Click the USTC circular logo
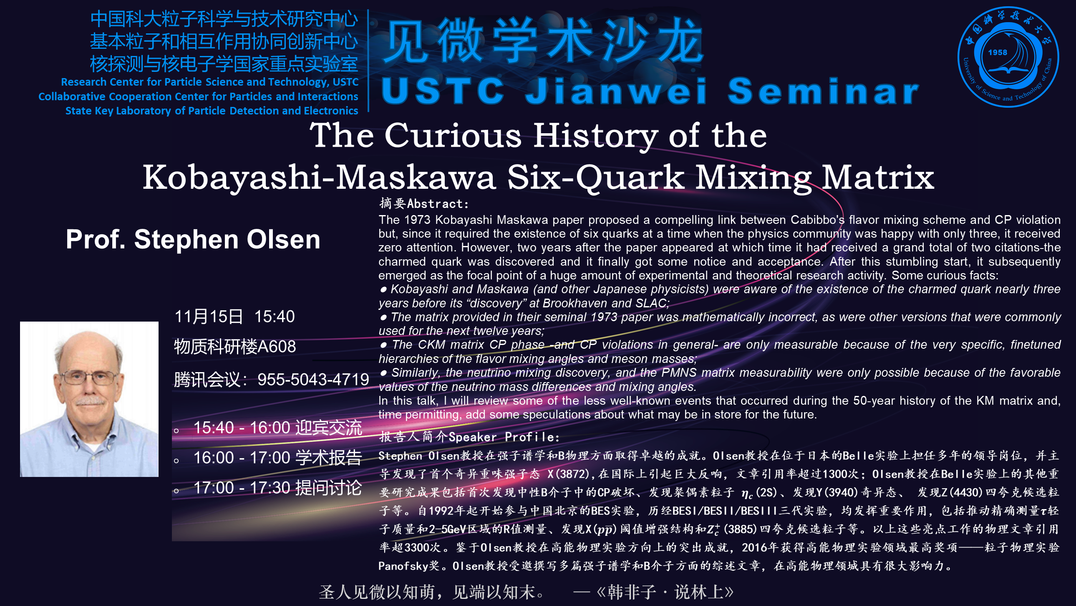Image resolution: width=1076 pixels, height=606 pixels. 1008,57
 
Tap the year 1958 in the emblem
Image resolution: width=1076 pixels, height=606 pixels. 998,53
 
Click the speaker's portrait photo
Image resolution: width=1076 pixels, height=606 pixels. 89,399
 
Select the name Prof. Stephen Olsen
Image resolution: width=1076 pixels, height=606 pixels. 193,239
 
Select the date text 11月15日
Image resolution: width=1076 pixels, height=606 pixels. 209,317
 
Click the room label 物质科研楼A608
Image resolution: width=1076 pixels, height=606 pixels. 235,347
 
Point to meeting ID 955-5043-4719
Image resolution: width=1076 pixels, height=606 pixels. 313,380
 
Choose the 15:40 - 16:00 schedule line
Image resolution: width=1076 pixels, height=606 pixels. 277,428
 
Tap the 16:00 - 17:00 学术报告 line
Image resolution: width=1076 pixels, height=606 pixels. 277,458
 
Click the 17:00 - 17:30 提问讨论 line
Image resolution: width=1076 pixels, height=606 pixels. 277,488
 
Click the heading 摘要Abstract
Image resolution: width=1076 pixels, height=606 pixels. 424,204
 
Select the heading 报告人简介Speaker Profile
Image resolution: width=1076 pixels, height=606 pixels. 469,436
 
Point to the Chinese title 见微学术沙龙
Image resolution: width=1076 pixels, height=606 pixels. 543,41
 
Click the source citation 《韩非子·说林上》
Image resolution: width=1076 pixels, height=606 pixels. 665,592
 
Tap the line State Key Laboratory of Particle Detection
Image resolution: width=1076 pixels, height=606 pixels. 212,111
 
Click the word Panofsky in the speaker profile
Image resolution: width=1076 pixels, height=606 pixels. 403,566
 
